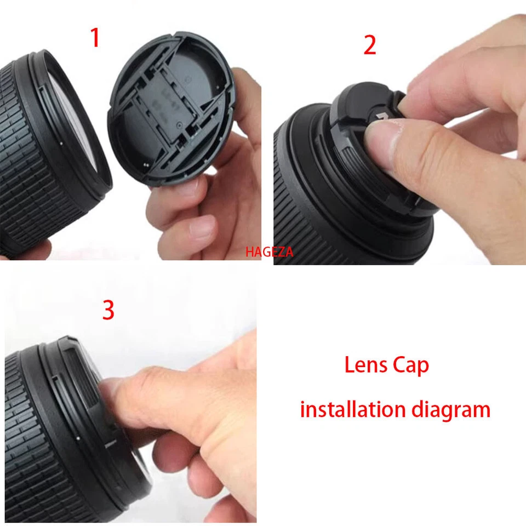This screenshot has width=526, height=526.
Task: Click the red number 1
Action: (x=95, y=38)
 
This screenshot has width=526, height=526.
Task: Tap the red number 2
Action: (x=370, y=45)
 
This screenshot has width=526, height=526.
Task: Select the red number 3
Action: (x=108, y=310)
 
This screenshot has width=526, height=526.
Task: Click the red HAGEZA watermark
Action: (x=270, y=252)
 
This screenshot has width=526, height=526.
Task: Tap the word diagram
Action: (x=454, y=409)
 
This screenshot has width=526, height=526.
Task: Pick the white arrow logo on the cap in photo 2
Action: (x=382, y=117)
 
